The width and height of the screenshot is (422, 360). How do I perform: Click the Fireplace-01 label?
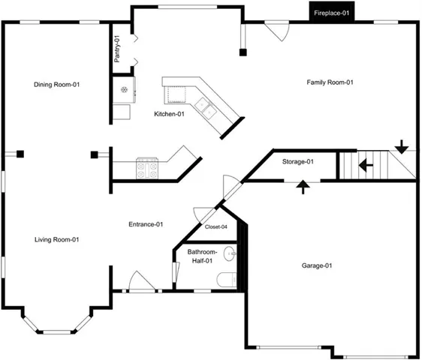pos(332,13)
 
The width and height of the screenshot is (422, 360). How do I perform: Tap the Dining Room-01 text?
pos(57,85)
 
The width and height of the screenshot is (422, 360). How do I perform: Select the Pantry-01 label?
pos(117,49)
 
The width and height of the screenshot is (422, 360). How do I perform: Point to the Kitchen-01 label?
pos(169,114)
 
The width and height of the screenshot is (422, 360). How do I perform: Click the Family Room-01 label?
pos(330,82)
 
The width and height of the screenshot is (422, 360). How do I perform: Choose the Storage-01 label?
pos(298,161)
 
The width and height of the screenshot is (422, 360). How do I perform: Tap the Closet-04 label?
pos(216,227)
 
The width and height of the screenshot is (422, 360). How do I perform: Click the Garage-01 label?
pos(317,265)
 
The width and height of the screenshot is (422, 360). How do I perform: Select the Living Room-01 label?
pos(57,239)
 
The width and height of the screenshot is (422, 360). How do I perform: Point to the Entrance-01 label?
pos(146,224)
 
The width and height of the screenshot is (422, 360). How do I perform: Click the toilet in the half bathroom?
pos(227,280)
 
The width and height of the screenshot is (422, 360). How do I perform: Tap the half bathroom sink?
pos(230,253)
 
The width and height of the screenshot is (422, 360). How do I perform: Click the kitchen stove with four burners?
pos(147,168)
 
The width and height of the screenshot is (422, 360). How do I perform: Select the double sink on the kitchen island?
pos(206,108)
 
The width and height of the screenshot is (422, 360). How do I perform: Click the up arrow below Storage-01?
pos(303,187)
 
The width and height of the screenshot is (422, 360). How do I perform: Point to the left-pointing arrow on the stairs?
pos(366,165)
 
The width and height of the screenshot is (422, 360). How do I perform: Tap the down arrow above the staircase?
pos(402,147)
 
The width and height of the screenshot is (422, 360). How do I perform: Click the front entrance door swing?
pos(142,281)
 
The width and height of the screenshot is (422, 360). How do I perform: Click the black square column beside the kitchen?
pos(243,52)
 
